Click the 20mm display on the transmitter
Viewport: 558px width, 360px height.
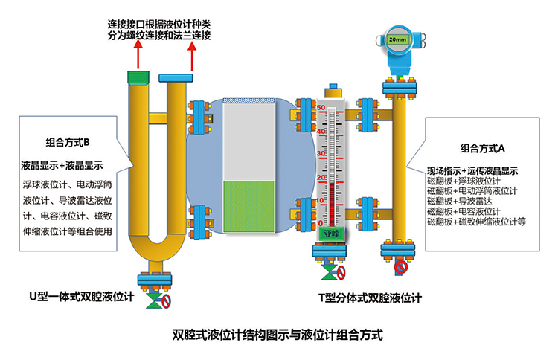[x=397, y=39]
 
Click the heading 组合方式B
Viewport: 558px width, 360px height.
[x=68, y=142]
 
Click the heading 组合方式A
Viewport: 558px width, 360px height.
[x=483, y=147]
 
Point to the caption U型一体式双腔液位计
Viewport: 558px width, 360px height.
[x=77, y=297]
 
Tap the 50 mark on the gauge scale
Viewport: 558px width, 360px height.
[x=321, y=109]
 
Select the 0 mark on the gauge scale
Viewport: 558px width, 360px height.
[x=321, y=222]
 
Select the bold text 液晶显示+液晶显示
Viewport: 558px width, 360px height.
[x=61, y=165]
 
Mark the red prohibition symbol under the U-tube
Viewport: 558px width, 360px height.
[x=167, y=302]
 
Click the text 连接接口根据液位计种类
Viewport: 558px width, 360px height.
[x=159, y=23]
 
